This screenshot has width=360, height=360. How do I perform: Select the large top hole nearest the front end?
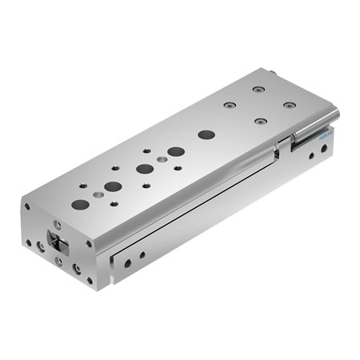click(80, 204)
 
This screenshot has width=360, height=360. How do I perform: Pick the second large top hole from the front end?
click(113, 186)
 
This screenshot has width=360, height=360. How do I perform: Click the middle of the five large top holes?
click(145, 169)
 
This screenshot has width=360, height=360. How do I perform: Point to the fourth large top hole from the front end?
click(176, 151)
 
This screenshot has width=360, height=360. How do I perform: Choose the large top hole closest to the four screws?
click(206, 134)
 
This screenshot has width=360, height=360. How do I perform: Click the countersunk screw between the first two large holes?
click(98, 194)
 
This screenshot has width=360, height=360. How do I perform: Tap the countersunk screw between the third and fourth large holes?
click(162, 160)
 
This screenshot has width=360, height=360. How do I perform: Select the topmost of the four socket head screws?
click(258, 89)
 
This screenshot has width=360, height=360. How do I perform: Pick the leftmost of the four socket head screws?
click(230, 105)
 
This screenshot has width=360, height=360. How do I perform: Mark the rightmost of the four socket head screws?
click(290, 105)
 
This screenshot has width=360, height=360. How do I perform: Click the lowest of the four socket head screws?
click(261, 122)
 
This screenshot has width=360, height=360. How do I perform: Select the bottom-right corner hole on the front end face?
click(90, 280)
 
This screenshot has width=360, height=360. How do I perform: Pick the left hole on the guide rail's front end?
click(127, 262)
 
